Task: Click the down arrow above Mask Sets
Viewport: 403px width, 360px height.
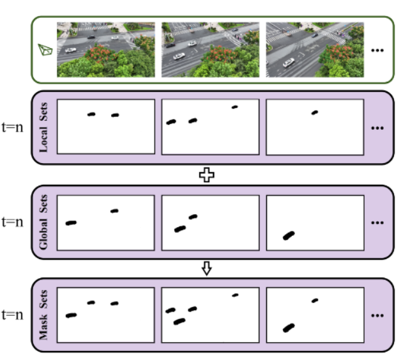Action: [206, 269]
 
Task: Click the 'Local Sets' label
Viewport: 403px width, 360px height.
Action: [44, 127]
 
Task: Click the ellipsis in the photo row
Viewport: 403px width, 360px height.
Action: [377, 50]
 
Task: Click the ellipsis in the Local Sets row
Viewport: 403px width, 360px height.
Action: [377, 127]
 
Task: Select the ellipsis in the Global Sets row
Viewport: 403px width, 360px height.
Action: [377, 223]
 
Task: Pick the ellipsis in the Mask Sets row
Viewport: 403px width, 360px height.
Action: [377, 316]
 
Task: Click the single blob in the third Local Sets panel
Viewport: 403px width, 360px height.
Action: [314, 113]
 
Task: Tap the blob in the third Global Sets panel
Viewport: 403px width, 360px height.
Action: [289, 236]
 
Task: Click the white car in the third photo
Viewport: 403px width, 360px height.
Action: [289, 63]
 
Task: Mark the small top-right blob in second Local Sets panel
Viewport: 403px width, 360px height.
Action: [234, 107]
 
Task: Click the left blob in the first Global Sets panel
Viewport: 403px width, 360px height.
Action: [71, 223]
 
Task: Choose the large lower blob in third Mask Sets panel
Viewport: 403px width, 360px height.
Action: [289, 328]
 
